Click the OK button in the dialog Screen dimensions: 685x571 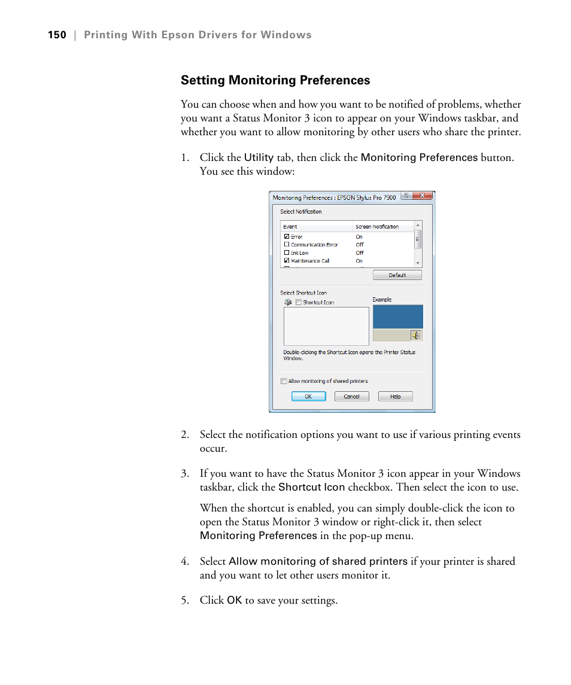click(308, 396)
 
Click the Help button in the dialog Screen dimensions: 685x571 click(395, 396)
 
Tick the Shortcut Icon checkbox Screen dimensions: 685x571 click(299, 303)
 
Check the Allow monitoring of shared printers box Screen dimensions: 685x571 click(284, 381)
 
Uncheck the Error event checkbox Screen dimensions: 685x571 click(287, 237)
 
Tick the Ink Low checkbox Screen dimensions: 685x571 click(287, 253)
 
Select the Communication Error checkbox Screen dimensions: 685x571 click(287, 245)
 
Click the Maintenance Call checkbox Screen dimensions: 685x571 click(287, 261)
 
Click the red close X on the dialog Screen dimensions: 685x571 click(422, 196)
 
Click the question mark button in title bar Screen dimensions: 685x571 click(406, 196)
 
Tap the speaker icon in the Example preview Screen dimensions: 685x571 click(416, 336)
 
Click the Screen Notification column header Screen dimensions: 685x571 click(377, 227)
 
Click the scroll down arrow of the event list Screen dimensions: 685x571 click(418, 263)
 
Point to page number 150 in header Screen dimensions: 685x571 click(57, 35)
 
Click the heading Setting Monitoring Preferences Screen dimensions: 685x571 click(275, 80)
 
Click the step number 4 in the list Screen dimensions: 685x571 click(184, 562)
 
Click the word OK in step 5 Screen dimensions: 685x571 click(234, 600)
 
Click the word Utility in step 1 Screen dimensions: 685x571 click(259, 158)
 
